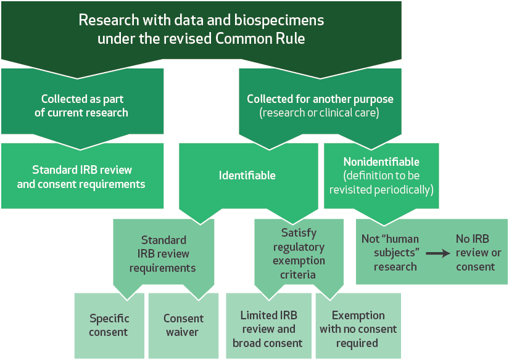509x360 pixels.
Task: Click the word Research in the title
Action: point(109,20)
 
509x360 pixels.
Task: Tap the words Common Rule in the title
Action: point(260,39)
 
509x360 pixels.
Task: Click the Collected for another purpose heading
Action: point(320,99)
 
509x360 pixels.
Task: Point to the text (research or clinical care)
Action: point(319,113)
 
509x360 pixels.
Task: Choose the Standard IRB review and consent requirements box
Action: point(83,176)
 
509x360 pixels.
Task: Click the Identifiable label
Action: point(247,176)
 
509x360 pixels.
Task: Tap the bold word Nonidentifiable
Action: point(381,162)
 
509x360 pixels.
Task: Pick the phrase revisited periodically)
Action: point(381,190)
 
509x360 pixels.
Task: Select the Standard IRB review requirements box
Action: point(163,254)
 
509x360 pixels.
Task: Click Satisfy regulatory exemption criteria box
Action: point(299,253)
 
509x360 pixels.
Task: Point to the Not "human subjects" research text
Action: point(391,253)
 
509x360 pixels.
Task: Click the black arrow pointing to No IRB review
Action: point(438,253)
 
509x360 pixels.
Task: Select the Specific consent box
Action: point(109,325)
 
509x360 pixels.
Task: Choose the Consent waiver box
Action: point(183,325)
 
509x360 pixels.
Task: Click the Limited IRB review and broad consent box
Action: point(269,325)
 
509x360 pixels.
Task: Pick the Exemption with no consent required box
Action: point(358,325)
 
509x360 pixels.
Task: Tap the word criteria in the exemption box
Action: point(298,275)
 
